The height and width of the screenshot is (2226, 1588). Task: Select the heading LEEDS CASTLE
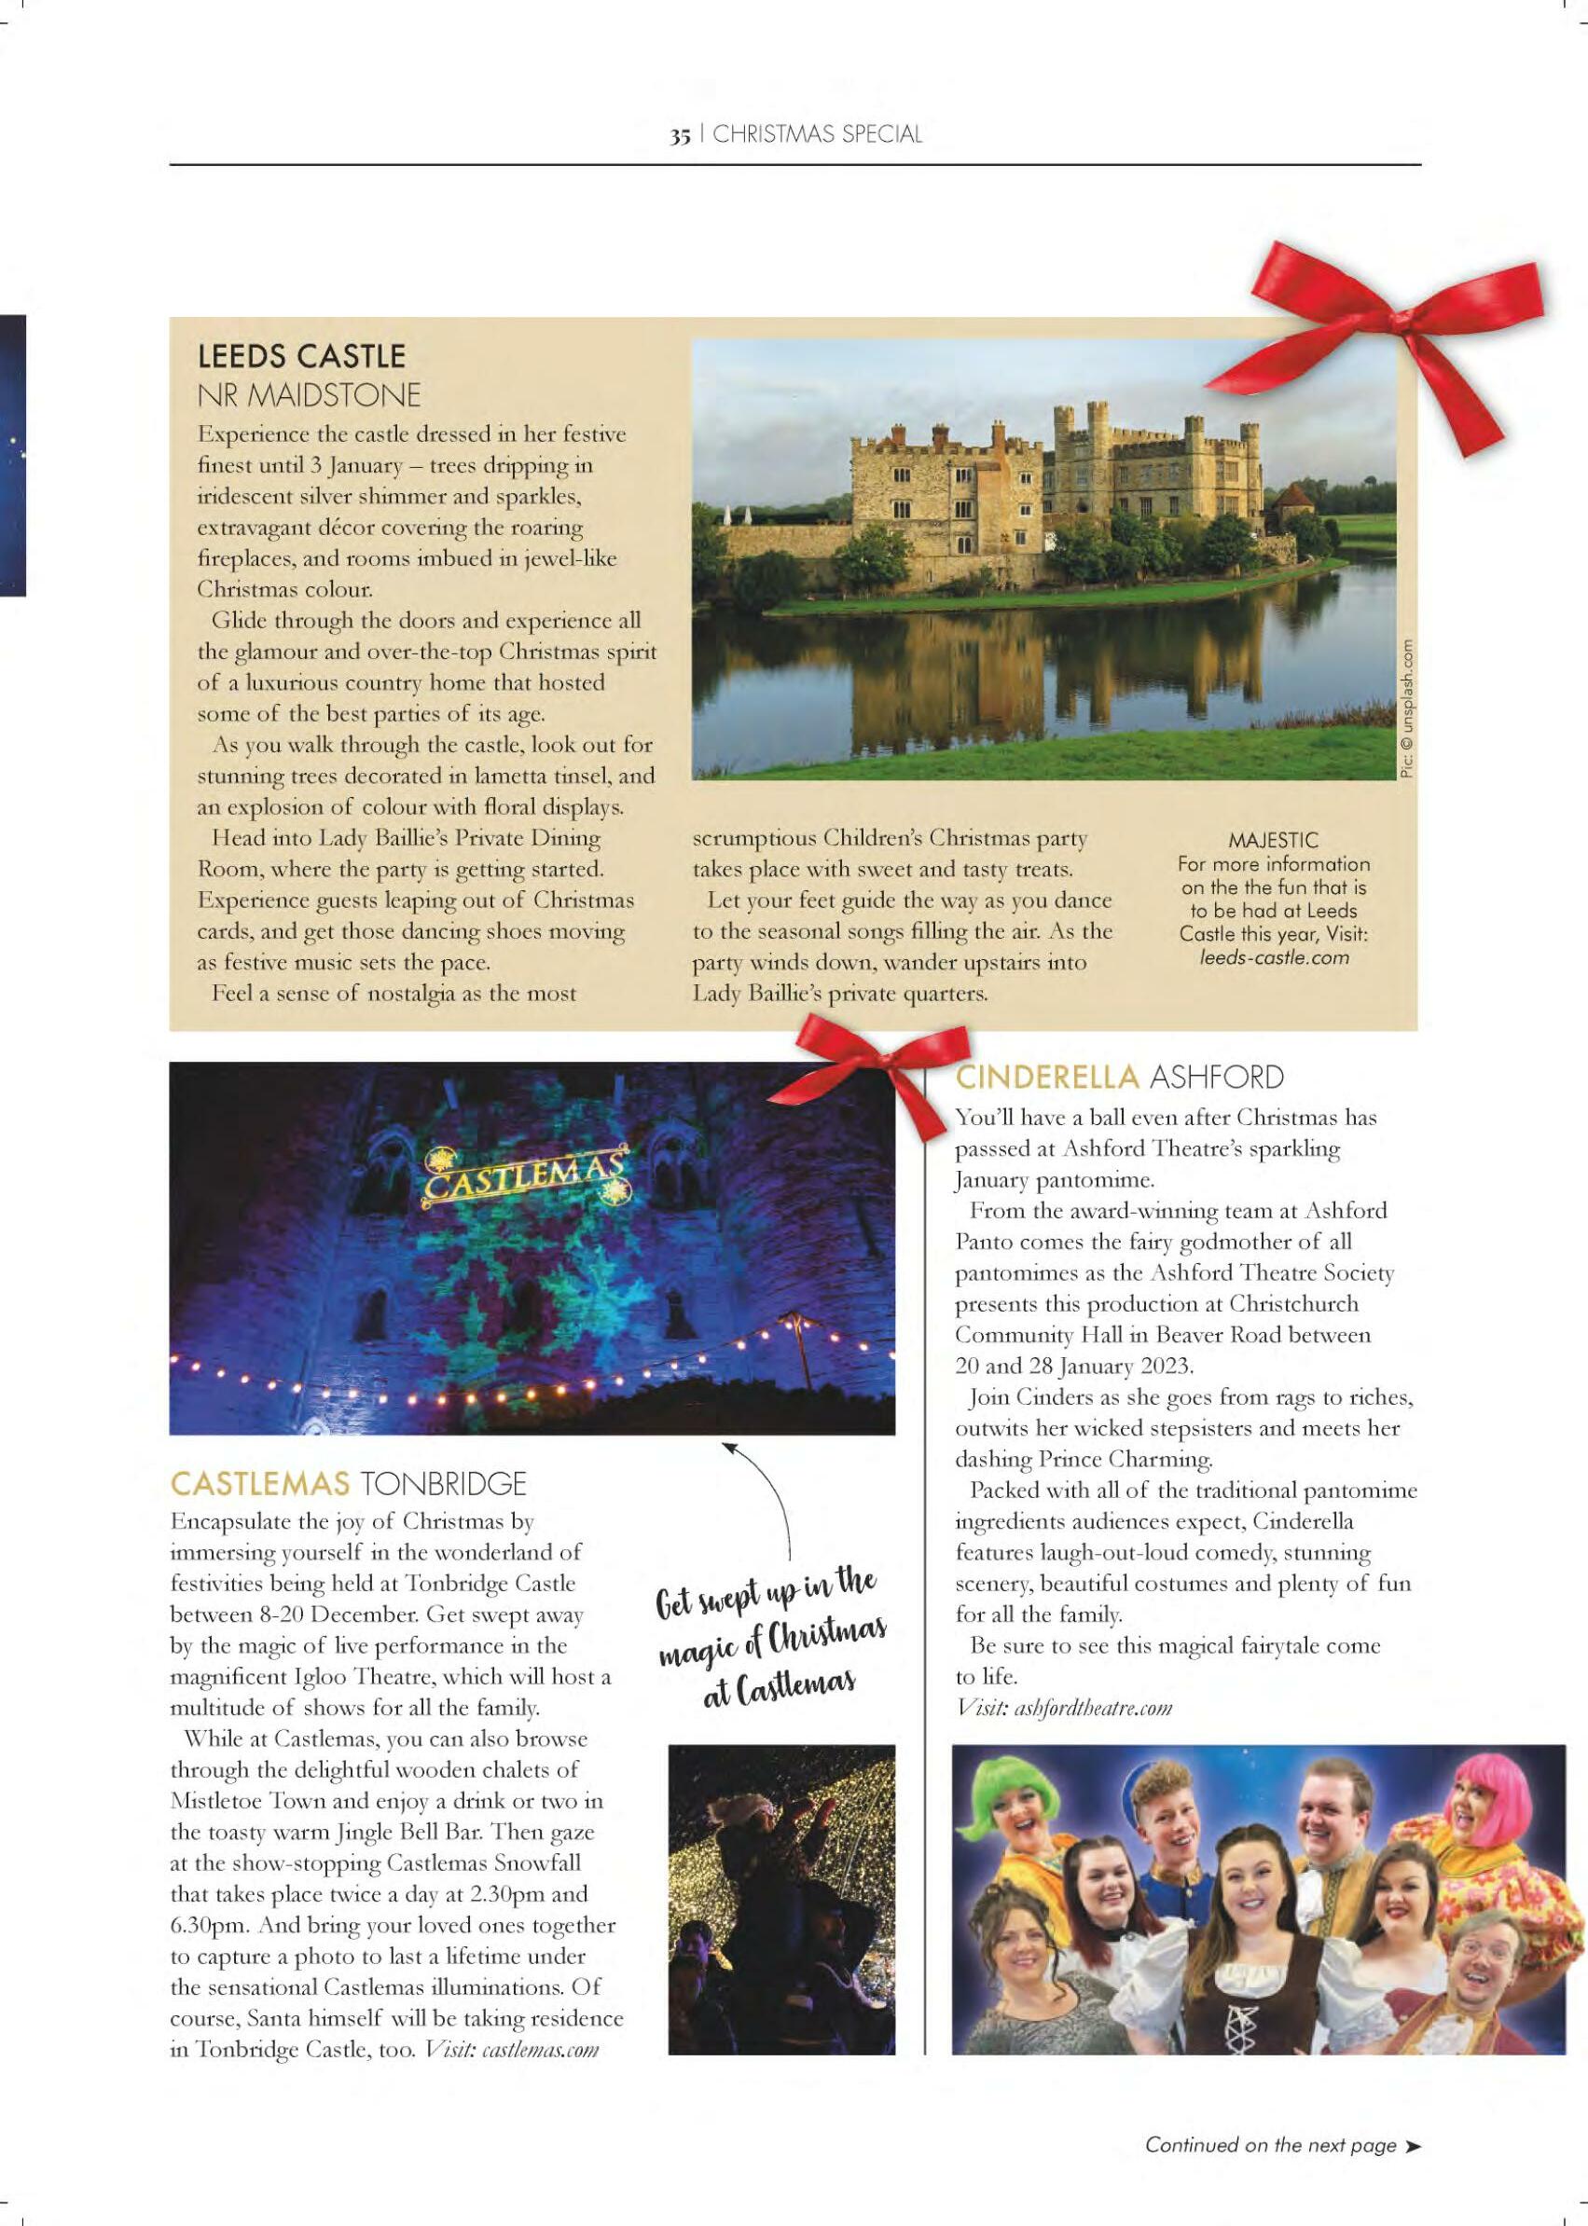click(x=301, y=356)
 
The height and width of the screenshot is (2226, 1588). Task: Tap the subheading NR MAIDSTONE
click(x=309, y=396)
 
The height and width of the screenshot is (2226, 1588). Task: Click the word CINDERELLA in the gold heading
click(x=1047, y=1079)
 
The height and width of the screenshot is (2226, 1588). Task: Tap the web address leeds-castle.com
click(x=1274, y=957)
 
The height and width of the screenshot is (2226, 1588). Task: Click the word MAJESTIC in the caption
click(x=1273, y=840)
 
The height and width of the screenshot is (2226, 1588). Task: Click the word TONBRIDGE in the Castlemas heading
click(x=444, y=1485)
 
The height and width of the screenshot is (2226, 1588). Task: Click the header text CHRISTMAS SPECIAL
click(x=818, y=135)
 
